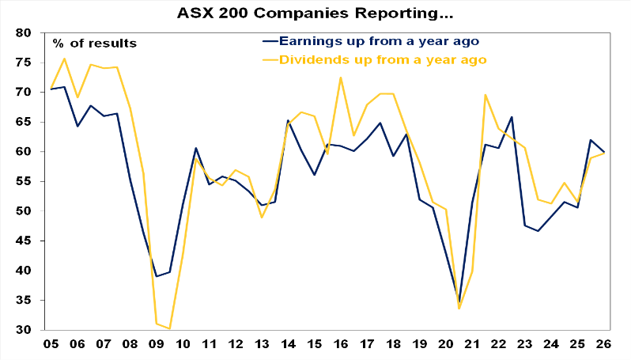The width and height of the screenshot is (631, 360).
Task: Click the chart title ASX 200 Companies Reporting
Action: [316, 13]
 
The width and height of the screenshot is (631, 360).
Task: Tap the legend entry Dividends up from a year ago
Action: [373, 59]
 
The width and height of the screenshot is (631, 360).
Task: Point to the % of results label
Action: [94, 43]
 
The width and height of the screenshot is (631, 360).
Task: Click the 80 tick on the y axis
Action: [23, 33]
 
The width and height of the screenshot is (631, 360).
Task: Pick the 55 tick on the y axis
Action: [23, 182]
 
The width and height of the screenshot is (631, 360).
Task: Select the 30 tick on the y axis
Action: [23, 330]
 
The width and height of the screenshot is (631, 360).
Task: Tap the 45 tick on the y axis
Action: [23, 241]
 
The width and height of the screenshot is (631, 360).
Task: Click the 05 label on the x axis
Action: [52, 345]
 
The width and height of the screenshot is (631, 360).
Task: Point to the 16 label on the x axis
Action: [342, 345]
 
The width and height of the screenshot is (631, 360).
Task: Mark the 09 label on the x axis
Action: [157, 345]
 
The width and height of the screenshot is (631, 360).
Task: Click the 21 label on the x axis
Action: [473, 345]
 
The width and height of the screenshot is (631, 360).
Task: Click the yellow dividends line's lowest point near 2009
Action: [170, 328]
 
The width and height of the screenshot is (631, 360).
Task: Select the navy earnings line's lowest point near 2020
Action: [459, 303]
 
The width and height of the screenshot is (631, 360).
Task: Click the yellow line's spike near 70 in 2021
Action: [486, 95]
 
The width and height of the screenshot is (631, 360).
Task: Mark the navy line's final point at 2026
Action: [605, 152]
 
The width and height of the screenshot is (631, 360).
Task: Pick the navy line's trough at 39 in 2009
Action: [157, 276]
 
